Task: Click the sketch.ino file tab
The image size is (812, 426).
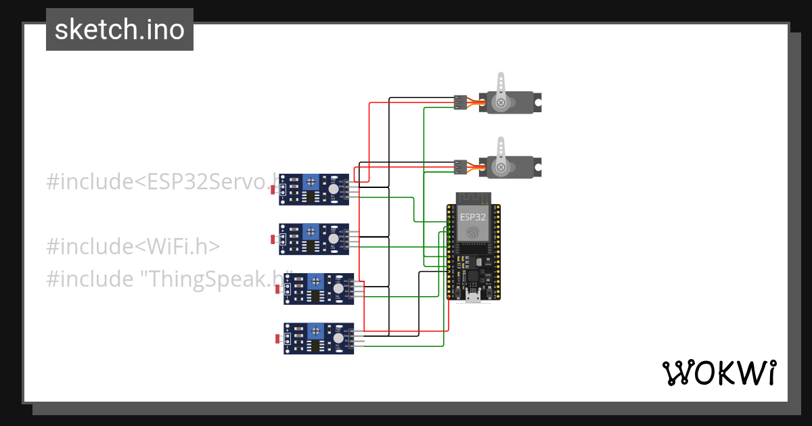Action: coord(120,30)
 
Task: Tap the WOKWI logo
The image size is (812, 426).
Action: coord(718,373)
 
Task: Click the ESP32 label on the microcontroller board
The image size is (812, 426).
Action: coord(473,217)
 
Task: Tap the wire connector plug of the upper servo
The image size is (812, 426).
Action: coord(460,102)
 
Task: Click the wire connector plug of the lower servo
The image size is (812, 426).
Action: coord(460,166)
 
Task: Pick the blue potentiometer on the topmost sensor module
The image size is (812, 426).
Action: coord(311,181)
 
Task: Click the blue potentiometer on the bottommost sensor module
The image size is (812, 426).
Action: coord(315,331)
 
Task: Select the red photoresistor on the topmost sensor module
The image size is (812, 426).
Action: coord(273,190)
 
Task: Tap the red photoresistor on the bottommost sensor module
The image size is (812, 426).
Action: coord(277,338)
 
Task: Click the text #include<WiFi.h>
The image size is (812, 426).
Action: coord(133,246)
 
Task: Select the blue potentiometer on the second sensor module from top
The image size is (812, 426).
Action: coord(311,231)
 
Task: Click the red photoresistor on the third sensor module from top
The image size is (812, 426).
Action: coord(277,289)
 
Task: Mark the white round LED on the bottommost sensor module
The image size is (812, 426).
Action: coord(338,337)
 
